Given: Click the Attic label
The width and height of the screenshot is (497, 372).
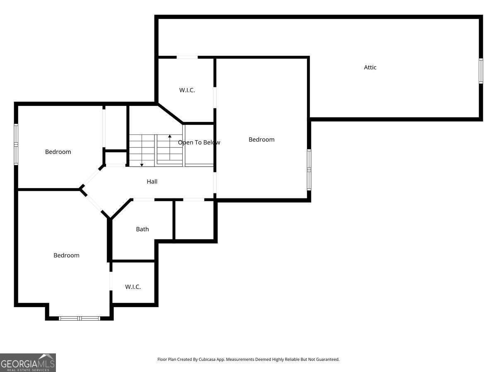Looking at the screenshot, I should (370, 67).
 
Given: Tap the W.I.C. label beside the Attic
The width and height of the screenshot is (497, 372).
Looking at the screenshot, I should (187, 90).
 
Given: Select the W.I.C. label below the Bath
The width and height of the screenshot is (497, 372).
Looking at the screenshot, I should (133, 287).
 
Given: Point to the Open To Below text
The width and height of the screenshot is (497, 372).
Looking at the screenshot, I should (199, 143).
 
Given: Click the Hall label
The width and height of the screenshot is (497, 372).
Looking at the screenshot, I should (152, 181).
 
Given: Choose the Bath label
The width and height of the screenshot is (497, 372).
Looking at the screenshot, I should (142, 229).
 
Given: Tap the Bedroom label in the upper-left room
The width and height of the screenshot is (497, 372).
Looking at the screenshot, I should (58, 152).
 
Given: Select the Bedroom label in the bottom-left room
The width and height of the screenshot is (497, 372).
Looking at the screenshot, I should (66, 255).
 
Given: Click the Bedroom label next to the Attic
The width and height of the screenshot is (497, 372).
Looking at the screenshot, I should (261, 140).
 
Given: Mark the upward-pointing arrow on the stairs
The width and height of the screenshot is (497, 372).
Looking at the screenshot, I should (170, 136).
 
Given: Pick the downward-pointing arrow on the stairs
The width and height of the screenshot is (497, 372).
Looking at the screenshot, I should (142, 165).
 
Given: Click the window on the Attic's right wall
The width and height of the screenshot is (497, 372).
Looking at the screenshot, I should (481, 71).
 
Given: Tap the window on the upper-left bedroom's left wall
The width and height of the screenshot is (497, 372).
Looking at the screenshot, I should (16, 144).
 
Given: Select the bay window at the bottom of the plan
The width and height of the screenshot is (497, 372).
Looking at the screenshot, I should (80, 318).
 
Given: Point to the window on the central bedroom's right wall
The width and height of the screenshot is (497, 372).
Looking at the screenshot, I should (309, 169).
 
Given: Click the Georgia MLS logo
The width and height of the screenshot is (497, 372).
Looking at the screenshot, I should (28, 362).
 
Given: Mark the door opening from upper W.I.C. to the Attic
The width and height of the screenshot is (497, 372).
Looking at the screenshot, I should (187, 57).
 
